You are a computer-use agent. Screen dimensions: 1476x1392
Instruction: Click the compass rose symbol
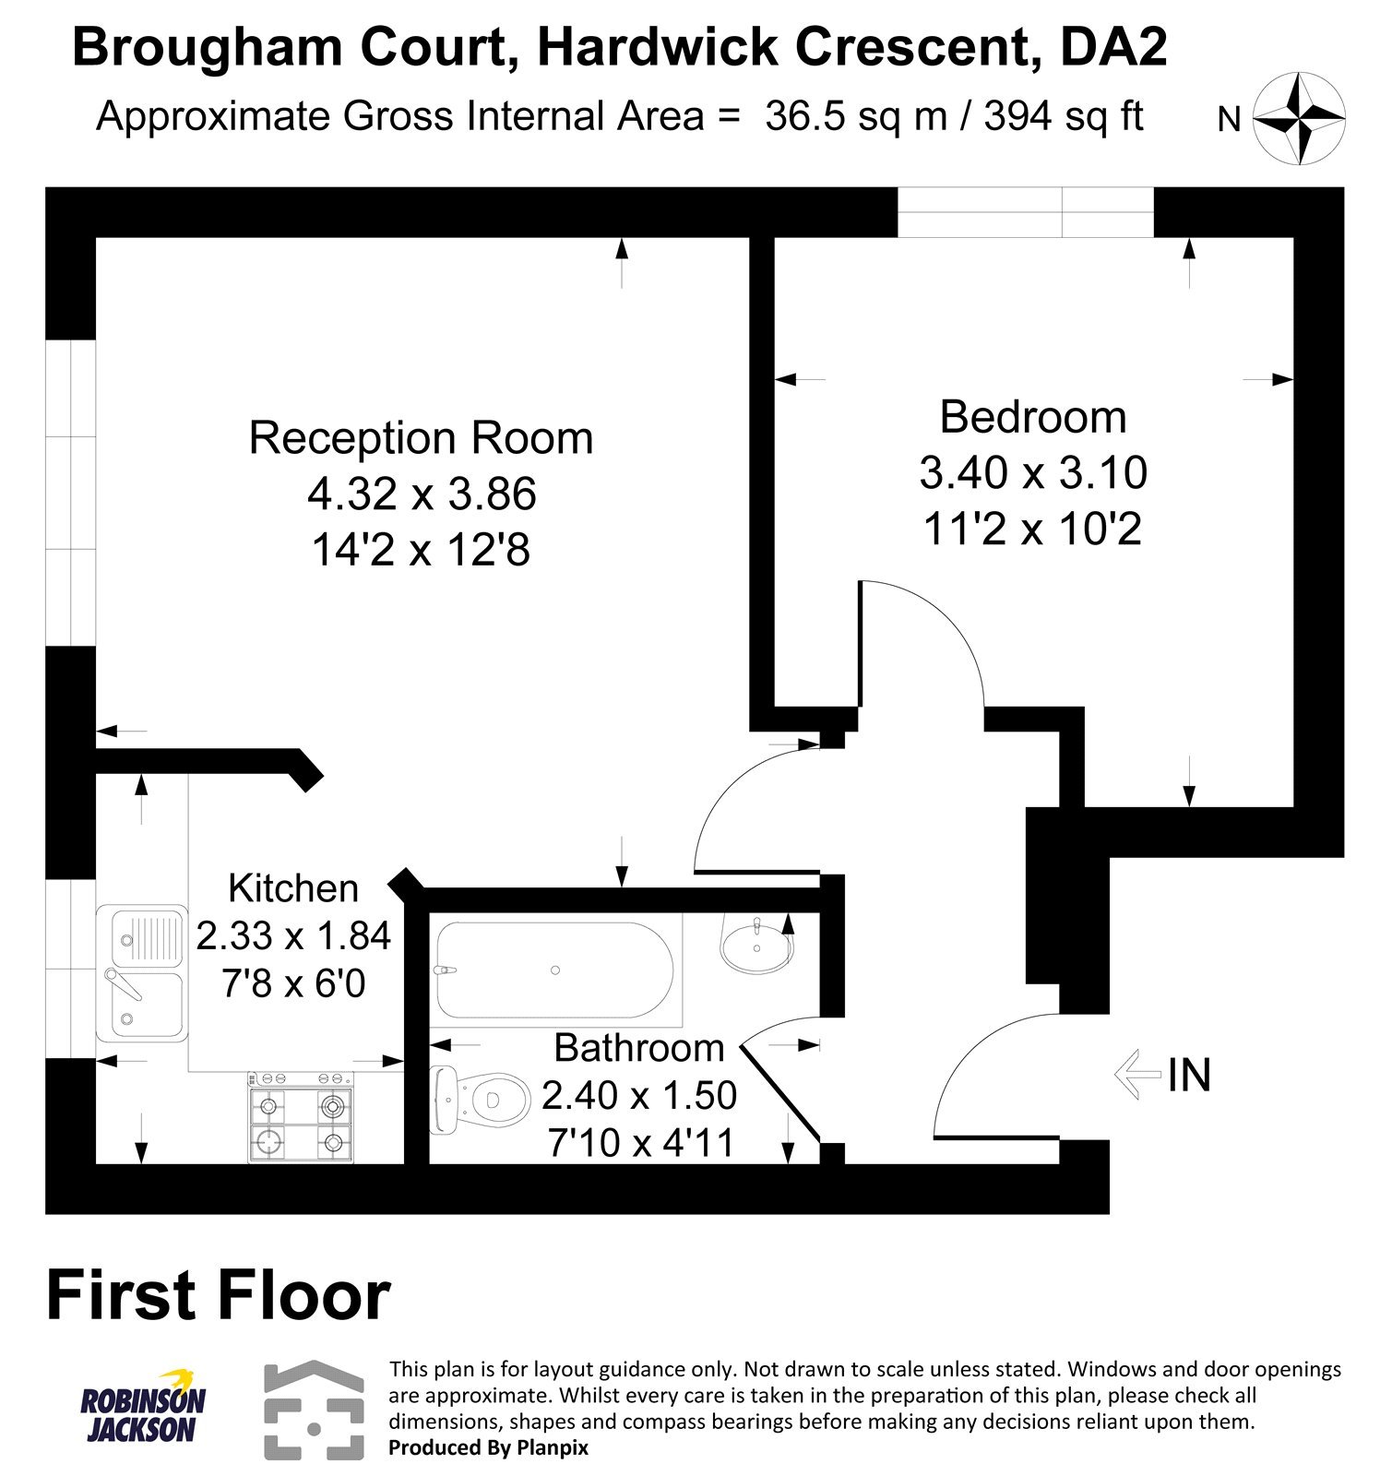(x=1299, y=120)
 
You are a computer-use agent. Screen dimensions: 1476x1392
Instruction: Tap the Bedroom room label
(x=1032, y=417)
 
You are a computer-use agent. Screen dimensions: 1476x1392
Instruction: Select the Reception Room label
(x=421, y=438)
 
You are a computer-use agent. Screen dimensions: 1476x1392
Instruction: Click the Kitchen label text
(x=293, y=888)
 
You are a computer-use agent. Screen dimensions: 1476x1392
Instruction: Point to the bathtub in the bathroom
(x=554, y=970)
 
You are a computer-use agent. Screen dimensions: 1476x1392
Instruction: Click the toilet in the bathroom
(x=482, y=1100)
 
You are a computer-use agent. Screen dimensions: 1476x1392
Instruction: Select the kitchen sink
(x=141, y=971)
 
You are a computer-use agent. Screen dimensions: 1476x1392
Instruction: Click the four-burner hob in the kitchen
(x=300, y=1117)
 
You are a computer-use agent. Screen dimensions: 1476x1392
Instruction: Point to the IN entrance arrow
(x=1136, y=1075)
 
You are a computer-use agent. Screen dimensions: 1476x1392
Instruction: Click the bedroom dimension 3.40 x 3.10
(x=1033, y=473)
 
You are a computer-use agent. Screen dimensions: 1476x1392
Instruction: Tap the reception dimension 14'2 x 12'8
(x=421, y=551)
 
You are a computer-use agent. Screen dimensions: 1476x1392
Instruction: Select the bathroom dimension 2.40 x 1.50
(x=639, y=1095)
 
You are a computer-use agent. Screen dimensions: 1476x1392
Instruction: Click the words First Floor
(x=219, y=1296)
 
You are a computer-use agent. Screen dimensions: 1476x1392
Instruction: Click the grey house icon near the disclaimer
(x=314, y=1409)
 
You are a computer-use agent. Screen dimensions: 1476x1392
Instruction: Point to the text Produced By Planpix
(x=488, y=1447)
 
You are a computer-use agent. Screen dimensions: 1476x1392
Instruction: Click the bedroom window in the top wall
(x=1025, y=212)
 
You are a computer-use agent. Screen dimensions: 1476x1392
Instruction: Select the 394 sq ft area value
(x=1064, y=117)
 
